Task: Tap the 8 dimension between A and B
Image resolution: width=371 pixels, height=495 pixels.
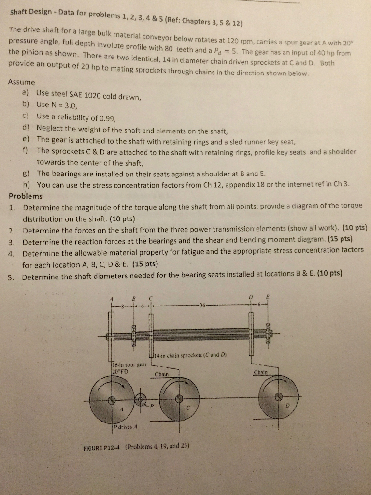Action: pos(122,306)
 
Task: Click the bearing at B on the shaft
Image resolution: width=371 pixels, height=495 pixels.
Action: pos(134,334)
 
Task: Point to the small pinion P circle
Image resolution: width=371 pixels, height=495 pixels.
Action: pos(140,400)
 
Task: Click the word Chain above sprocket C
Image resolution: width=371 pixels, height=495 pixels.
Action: pos(161,374)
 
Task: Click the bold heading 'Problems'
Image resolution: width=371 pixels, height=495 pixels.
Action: pos(26,196)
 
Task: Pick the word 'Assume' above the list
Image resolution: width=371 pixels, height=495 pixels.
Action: pos(21,82)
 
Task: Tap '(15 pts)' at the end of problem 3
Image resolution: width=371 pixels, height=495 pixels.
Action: pos(341,239)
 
